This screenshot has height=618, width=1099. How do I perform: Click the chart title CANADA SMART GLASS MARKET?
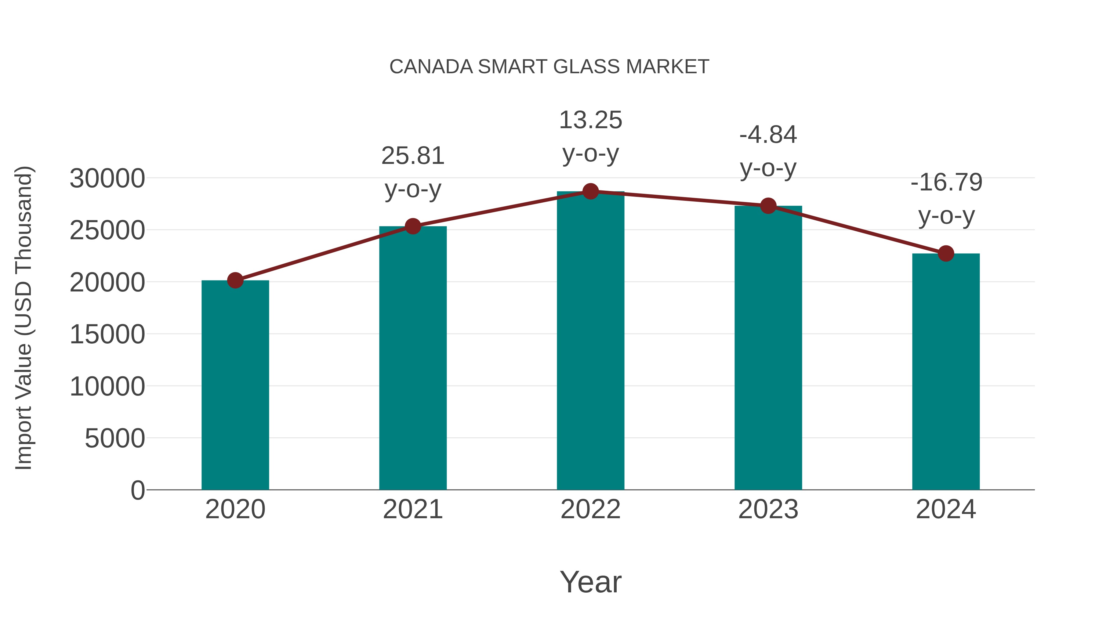(x=549, y=67)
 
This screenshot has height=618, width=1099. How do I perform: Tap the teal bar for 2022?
(x=590, y=341)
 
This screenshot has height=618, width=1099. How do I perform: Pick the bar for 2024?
(x=946, y=371)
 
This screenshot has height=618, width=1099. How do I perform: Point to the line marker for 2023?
(x=768, y=206)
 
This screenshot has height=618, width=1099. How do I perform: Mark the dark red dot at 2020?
(x=235, y=280)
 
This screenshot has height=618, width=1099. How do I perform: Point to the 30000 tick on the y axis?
(x=107, y=178)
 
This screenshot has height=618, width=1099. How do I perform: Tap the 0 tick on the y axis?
(x=137, y=490)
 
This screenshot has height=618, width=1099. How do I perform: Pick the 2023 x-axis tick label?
(x=768, y=509)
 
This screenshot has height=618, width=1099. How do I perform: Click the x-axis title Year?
(x=590, y=582)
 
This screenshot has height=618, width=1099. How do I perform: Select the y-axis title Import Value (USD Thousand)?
(x=24, y=318)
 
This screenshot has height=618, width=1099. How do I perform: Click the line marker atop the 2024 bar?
(x=946, y=253)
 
